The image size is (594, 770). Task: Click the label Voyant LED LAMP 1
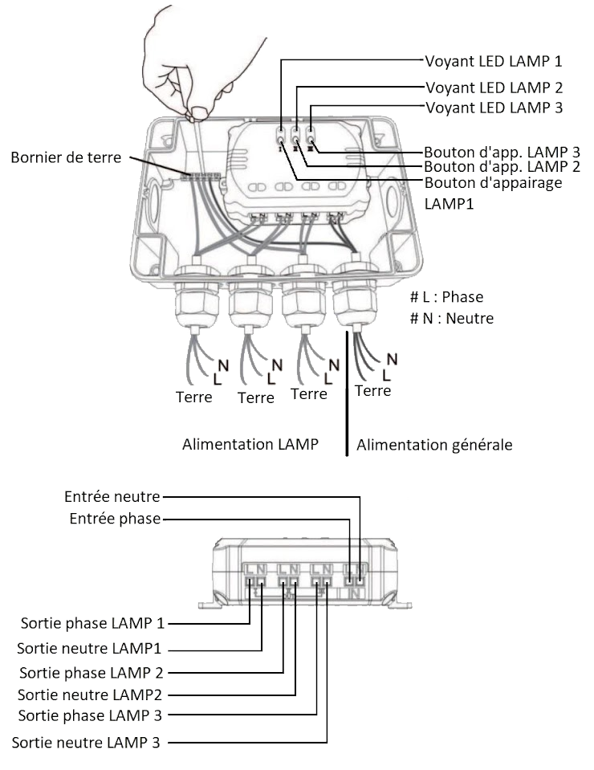[x=494, y=61]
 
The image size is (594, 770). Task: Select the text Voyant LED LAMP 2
[x=494, y=88]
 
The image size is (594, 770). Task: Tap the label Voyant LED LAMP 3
[x=494, y=107]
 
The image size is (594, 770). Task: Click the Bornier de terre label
[x=66, y=157]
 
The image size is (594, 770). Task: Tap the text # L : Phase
[x=445, y=297]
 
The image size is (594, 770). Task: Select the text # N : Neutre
[x=451, y=318]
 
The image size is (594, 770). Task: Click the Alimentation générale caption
[x=434, y=444]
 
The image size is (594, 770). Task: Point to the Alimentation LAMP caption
[x=250, y=443]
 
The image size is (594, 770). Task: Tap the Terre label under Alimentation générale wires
[x=372, y=391]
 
